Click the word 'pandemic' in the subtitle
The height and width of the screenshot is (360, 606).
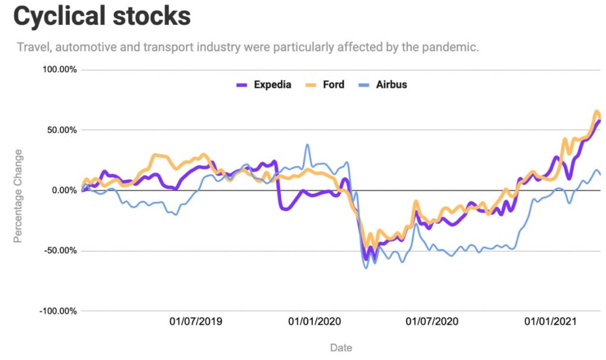pos(451,47)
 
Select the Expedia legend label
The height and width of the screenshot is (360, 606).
pos(272,84)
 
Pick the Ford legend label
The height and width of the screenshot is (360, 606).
pos(334,84)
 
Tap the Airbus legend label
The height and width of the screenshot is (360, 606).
pos(391,84)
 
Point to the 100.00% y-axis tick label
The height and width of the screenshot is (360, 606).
pos(59,70)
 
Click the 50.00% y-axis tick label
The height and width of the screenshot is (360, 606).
pos(62,130)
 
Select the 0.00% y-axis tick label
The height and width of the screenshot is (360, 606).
pos(64,191)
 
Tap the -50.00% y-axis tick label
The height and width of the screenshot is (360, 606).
pos(60,251)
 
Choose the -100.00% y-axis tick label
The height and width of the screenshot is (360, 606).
pos(58,311)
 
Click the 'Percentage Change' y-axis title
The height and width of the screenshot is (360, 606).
pos(18,196)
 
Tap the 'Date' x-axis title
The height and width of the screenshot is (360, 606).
pos(340,348)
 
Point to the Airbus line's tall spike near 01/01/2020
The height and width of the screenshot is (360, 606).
pos(307,145)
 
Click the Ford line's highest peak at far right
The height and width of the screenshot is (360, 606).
pos(596,111)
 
